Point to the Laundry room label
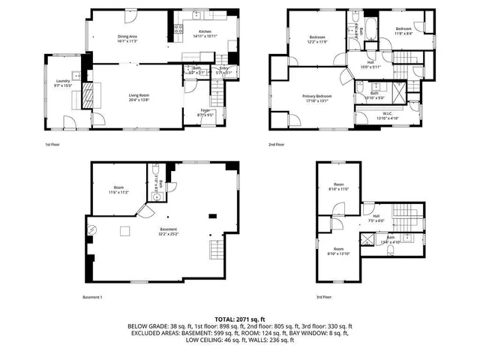63,82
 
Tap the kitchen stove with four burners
179,30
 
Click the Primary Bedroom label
318,98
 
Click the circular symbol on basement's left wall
92,229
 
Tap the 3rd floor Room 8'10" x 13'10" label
335,251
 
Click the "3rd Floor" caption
324,297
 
